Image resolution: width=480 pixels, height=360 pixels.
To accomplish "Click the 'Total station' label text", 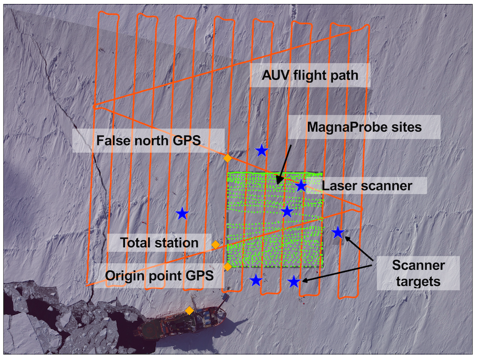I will click(159, 242).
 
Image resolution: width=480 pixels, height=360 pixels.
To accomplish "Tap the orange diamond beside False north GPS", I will click(228, 158).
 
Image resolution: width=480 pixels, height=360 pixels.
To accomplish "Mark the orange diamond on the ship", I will click(190, 310).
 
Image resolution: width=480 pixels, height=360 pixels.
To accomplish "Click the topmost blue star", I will click(262, 150).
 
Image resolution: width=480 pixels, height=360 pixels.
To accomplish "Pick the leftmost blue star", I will click(182, 214).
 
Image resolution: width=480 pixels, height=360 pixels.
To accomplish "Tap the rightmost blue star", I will click(338, 233).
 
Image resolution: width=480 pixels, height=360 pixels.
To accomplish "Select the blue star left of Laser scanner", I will click(301, 185).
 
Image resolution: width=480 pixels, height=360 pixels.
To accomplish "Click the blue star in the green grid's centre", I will click(287, 211).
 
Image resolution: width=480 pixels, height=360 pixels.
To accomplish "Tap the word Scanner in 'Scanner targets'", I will click(418, 265).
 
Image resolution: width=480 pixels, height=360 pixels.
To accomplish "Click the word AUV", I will click(274, 77).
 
